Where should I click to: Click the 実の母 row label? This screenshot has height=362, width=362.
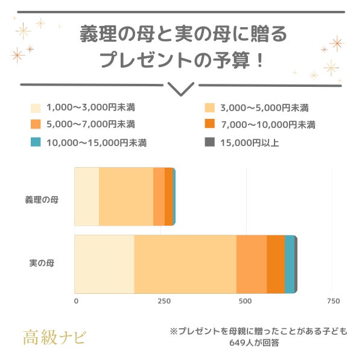[x=42, y=263]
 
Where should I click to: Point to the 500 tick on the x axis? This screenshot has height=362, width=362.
[x=245, y=300]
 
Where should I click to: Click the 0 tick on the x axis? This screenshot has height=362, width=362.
[x=76, y=300]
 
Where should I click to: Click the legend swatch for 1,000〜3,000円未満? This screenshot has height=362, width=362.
[x=36, y=109]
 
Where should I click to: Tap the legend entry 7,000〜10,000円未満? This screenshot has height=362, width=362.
[x=268, y=125]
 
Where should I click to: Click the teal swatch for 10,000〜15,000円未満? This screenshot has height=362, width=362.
[x=36, y=142]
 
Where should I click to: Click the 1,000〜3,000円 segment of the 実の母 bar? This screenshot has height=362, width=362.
[x=104, y=264]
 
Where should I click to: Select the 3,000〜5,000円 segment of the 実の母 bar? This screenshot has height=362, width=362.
[x=185, y=264]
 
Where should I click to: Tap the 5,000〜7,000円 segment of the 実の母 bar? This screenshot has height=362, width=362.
[x=251, y=264]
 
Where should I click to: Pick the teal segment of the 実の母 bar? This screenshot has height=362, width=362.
[x=289, y=264]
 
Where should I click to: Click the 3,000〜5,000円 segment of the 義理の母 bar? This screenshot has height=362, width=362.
[x=125, y=197]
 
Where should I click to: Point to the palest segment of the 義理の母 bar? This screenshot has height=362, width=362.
[x=86, y=197]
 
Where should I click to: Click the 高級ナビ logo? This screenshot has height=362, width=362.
[x=54, y=335]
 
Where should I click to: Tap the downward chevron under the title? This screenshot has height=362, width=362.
[x=180, y=89]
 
